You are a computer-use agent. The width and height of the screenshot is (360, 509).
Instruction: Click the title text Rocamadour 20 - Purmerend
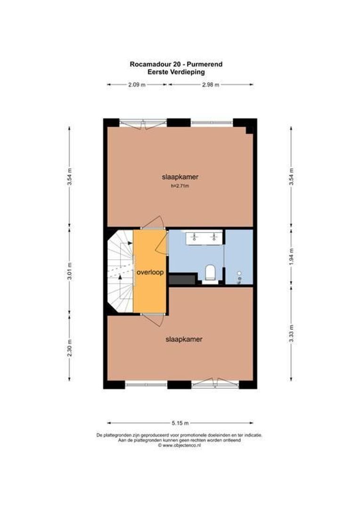(176, 64)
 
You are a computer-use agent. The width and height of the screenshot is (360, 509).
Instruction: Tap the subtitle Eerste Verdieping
(176, 72)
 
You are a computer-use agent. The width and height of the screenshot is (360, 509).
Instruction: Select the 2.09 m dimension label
(137, 85)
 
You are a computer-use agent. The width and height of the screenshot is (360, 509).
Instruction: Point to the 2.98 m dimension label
(210, 85)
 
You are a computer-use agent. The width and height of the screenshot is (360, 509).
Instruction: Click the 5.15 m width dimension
(180, 423)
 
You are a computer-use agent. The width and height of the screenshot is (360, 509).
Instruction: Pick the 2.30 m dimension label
(69, 347)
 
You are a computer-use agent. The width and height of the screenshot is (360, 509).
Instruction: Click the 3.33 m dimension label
(291, 333)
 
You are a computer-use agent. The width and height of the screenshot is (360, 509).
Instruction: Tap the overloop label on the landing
(150, 272)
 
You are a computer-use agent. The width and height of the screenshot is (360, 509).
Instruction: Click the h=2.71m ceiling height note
(180, 186)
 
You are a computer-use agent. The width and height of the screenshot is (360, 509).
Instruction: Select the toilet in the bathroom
(210, 272)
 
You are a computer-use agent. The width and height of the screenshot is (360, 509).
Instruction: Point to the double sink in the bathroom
(204, 238)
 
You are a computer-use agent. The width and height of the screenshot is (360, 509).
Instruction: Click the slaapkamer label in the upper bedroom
(180, 177)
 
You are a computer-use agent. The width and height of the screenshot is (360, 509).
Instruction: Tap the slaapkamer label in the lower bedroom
(184, 339)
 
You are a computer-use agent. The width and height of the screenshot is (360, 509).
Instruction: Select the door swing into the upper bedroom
(153, 222)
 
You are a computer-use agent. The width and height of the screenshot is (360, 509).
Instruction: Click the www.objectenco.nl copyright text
(179, 446)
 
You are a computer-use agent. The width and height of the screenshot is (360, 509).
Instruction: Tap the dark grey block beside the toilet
(182, 279)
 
